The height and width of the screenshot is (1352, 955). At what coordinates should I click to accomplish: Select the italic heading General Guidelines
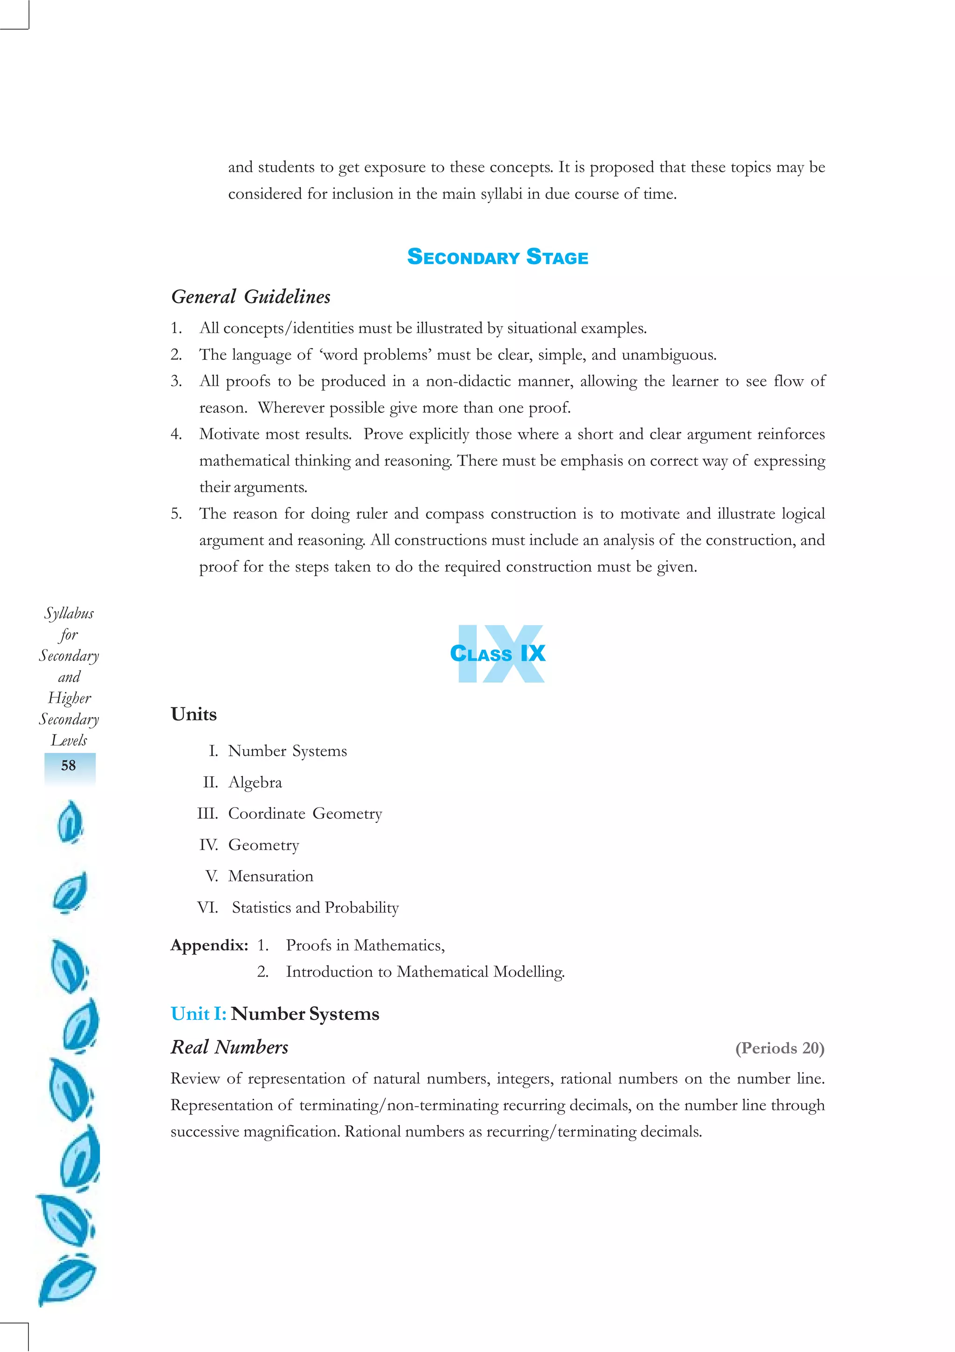tap(251, 296)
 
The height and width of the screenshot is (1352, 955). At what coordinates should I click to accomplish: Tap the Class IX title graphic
tap(498, 653)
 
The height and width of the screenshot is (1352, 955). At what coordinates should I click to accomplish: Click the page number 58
tap(69, 765)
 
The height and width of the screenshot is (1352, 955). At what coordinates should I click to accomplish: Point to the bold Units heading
tap(194, 714)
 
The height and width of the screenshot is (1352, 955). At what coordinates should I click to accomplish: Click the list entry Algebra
tap(255, 782)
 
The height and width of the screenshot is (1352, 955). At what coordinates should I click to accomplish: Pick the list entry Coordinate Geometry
tap(305, 813)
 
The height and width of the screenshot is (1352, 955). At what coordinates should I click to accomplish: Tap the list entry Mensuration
tap(270, 876)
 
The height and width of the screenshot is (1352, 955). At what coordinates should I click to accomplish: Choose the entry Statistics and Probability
tap(315, 907)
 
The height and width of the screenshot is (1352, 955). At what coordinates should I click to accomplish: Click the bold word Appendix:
tap(209, 945)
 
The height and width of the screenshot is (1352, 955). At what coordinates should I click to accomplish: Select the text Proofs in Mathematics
tap(365, 945)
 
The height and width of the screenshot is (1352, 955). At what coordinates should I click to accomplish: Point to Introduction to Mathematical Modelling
tap(425, 972)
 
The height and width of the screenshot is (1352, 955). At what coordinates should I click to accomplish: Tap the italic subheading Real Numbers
tap(229, 1047)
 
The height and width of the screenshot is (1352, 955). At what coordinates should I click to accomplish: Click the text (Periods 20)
tap(780, 1048)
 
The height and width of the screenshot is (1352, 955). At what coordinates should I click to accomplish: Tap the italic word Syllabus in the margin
tap(69, 613)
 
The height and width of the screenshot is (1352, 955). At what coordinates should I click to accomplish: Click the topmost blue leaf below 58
tap(70, 822)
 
